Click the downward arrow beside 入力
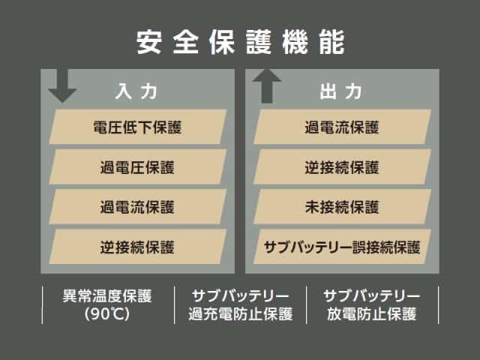(62, 85)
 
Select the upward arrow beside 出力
(267, 85)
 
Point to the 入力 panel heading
(136, 91)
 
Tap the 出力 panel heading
(341, 91)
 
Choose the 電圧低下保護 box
(136, 127)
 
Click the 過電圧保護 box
(136, 166)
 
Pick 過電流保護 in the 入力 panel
(136, 206)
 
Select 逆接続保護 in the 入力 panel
(136, 246)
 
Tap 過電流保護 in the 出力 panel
(342, 127)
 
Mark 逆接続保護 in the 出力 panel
(342, 166)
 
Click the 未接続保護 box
(342, 206)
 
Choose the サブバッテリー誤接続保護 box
(342, 246)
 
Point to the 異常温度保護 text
(108, 295)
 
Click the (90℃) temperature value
(108, 314)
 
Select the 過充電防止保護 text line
(240, 314)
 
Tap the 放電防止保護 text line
(372, 314)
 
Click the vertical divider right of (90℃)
(174, 304)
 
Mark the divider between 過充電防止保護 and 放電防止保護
(307, 304)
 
